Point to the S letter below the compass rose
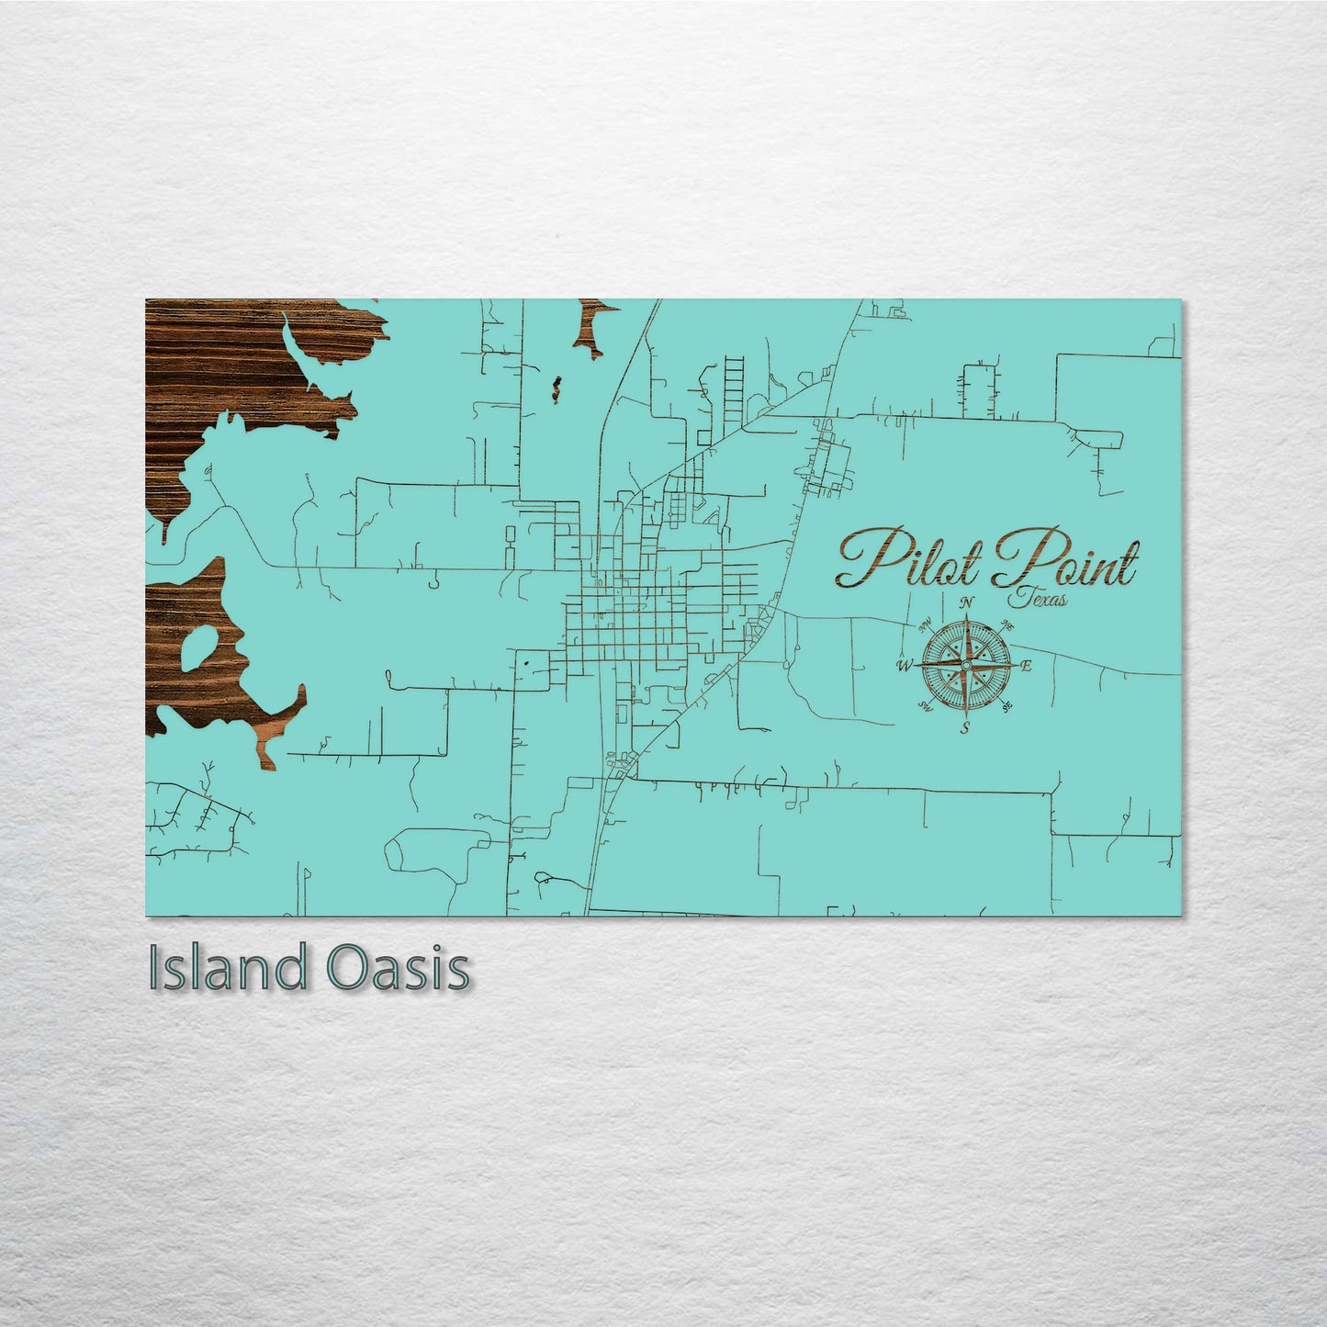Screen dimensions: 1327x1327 (x=965, y=728)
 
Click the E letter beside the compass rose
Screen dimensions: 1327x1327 (x=1027, y=666)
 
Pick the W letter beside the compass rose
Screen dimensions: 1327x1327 (x=905, y=666)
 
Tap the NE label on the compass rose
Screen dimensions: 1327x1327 (x=1006, y=626)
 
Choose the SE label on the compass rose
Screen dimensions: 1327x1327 (x=1007, y=705)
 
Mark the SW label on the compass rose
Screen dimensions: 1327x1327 (x=925, y=706)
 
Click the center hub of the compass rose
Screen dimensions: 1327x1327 (x=966, y=665)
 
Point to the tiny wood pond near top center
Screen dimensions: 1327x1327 (x=555, y=387)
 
